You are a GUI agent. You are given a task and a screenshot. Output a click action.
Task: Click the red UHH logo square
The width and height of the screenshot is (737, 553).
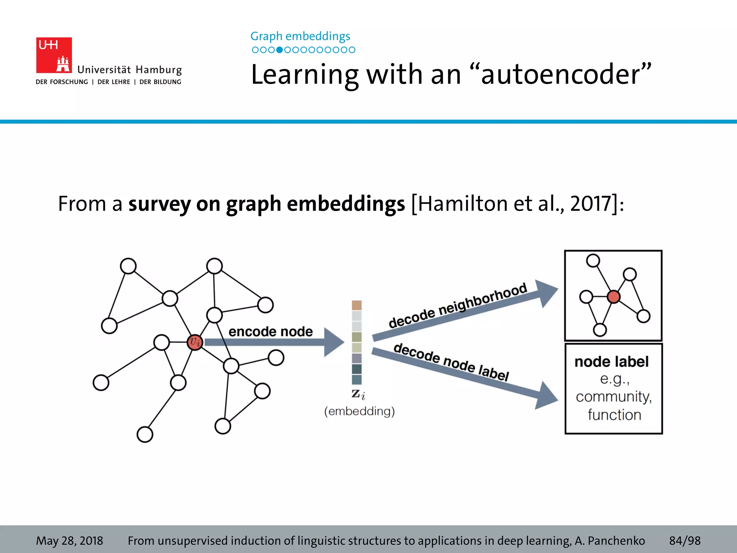54,55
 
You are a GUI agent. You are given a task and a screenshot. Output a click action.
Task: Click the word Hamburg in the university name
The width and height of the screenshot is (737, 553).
159,70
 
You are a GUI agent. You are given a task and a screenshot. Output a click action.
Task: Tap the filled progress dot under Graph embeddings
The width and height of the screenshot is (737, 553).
279,50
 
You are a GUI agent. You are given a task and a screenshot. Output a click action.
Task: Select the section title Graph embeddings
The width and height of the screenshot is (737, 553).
300,36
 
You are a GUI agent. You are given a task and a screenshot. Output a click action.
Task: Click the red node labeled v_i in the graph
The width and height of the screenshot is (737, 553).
195,342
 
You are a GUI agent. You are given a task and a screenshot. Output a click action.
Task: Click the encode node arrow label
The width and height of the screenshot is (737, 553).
271,332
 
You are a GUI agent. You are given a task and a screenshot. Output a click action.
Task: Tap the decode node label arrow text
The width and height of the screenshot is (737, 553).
451,362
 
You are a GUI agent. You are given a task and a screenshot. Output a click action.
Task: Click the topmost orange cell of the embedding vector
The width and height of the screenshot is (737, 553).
357,305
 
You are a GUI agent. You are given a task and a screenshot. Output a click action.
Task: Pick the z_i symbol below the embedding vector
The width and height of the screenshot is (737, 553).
358,394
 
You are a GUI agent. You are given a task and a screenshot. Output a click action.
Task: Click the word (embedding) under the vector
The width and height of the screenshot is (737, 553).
359,411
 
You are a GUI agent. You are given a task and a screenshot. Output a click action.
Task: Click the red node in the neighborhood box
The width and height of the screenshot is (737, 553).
614,297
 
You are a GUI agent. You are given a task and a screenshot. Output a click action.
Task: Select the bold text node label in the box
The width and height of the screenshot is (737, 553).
611,362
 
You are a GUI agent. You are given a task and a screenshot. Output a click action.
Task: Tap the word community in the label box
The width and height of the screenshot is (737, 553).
614,397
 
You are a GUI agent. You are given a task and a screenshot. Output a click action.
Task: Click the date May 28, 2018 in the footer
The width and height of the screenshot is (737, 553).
69,541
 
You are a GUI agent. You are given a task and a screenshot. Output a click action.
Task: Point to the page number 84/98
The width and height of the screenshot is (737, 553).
685,541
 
